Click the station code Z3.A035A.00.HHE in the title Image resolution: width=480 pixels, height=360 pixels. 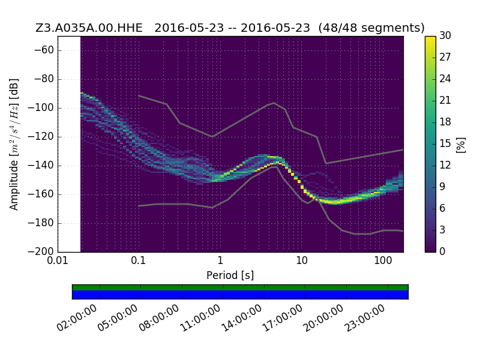point(89,28)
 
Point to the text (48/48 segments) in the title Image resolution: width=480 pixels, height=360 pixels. point(371,28)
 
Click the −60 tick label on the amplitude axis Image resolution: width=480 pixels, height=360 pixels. point(44,50)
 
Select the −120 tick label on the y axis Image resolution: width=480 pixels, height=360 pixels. point(41,137)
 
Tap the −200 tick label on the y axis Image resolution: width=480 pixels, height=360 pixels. point(41,251)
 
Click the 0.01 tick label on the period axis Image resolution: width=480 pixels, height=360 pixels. point(58,260)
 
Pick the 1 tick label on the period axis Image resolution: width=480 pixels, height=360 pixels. point(220,260)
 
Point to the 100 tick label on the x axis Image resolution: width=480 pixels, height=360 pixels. point(383,260)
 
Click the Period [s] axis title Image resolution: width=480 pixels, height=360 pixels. point(230,275)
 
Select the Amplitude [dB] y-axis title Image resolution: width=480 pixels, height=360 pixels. point(14,145)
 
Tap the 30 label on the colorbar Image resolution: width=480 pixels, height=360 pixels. point(445,35)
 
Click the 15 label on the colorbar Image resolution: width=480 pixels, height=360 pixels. point(445,143)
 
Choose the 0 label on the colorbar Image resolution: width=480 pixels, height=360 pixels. point(442,251)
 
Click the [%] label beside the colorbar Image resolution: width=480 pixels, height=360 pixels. point(461,145)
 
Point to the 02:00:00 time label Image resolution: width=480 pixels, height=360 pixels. point(77,319)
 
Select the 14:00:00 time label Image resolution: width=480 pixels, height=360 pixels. point(241,319)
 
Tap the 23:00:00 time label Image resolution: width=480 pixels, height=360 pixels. point(364,319)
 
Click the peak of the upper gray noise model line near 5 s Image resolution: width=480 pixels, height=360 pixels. point(274,103)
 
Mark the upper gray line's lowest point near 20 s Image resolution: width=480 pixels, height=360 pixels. point(326,163)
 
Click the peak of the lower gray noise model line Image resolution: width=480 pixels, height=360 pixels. point(276,167)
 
